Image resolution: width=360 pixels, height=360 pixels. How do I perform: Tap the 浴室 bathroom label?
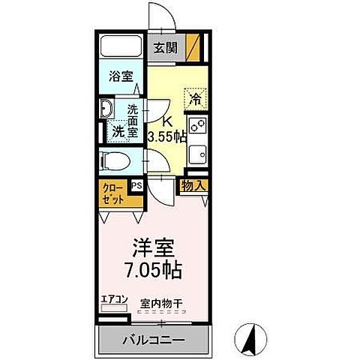point(121,76)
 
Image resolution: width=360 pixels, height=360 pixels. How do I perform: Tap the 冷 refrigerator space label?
point(196,98)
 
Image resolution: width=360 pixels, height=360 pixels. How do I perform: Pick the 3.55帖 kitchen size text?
point(167,137)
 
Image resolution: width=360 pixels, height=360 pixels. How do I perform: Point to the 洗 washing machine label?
point(118,131)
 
